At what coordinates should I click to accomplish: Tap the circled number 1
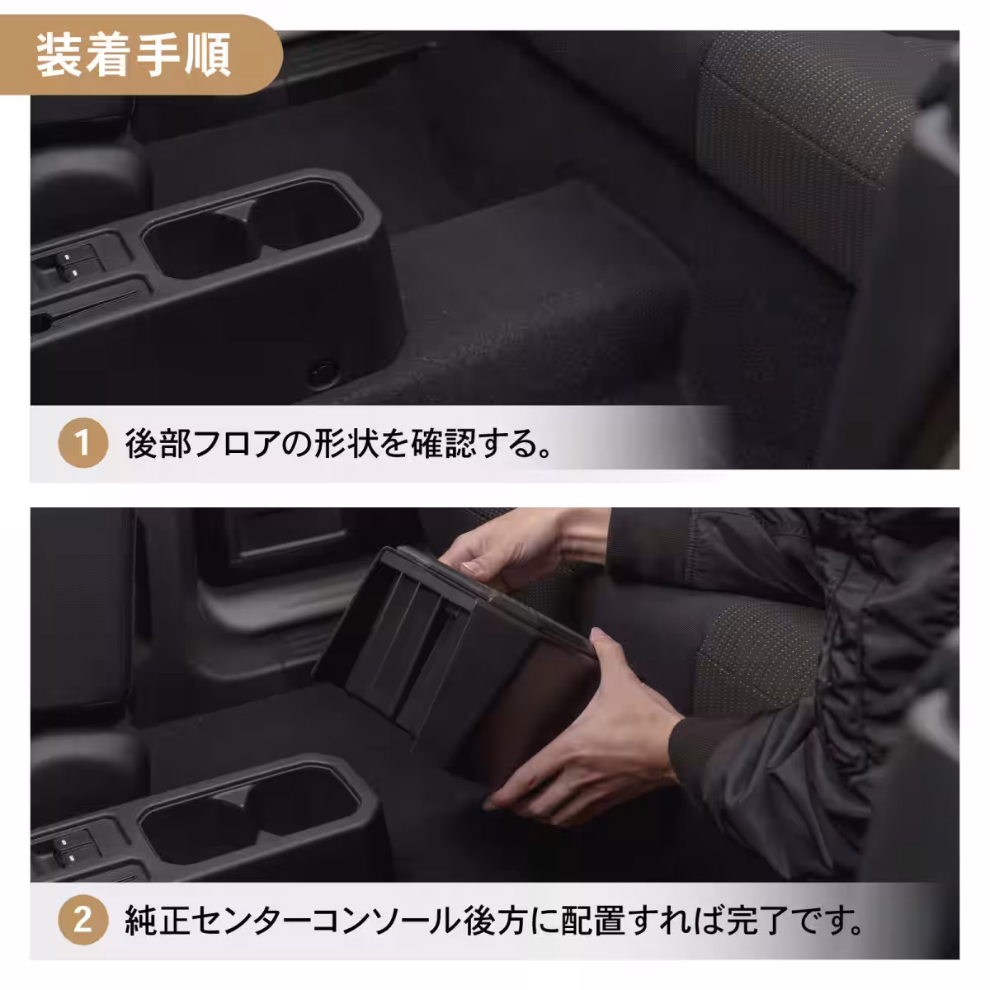pyautogui.click(x=82, y=445)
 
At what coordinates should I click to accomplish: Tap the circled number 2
pyautogui.click(x=82, y=920)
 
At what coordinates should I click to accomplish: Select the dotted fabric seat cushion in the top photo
pyautogui.click(x=792, y=148)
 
